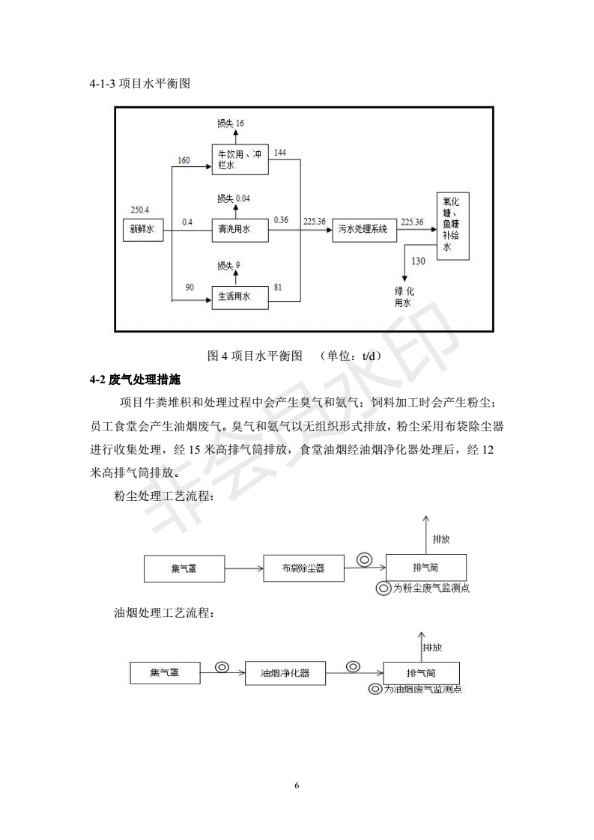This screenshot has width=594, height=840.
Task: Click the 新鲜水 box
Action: click(142, 230)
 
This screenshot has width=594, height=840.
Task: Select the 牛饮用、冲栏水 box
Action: click(240, 159)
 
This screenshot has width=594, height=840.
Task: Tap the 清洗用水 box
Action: click(240, 230)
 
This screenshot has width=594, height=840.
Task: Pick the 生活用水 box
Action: click(240, 296)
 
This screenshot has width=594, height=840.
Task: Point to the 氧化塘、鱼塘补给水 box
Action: click(452, 225)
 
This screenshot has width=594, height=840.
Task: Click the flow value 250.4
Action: click(140, 210)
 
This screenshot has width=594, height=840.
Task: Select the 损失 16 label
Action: click(231, 124)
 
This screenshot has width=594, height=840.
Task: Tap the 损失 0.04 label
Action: click(233, 198)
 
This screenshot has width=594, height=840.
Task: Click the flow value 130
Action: click(418, 261)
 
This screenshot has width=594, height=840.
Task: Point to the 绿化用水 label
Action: click(404, 296)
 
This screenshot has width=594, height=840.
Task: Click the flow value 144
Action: click(280, 153)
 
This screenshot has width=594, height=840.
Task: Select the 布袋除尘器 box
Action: click(303, 568)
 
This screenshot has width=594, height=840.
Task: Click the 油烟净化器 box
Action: click(285, 673)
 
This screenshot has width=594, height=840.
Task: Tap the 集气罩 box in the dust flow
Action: click(184, 568)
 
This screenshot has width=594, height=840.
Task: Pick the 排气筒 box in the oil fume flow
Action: click(421, 673)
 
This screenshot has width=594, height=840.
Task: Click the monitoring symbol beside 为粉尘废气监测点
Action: click(384, 588)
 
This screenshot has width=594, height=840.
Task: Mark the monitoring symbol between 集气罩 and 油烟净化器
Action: click(222, 667)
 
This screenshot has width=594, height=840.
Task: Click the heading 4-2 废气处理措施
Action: click(135, 380)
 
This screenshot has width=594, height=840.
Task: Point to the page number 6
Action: click(297, 785)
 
